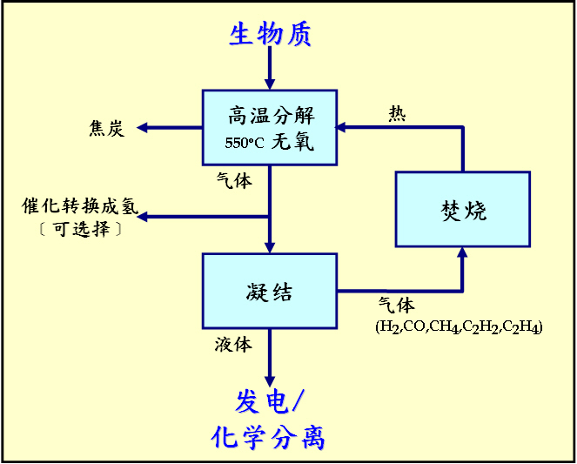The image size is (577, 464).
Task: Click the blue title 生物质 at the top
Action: [x=270, y=34]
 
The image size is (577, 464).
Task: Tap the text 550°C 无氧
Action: [x=270, y=142]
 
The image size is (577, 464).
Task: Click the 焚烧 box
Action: [x=462, y=210]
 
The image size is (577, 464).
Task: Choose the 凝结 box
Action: [x=270, y=291]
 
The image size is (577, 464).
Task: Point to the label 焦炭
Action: [x=107, y=129]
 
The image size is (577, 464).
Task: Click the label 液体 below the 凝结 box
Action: [x=233, y=345]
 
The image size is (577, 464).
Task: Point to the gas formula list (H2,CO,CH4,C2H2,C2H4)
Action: [x=459, y=327]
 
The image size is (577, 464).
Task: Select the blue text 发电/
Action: [x=270, y=400]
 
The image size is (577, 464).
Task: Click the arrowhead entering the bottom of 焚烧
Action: [x=462, y=253]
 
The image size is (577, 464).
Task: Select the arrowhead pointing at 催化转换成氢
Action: [x=144, y=216]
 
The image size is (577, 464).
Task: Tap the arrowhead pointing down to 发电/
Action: [x=270, y=380]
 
